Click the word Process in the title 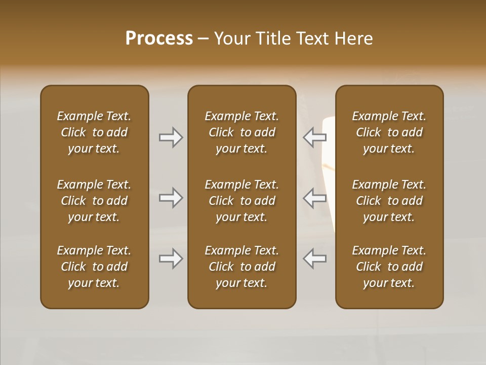[x=159, y=39]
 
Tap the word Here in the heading [x=353, y=39]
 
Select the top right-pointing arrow [x=171, y=137]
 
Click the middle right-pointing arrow [x=171, y=198]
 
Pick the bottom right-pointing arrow [x=171, y=259]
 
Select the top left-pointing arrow [x=315, y=137]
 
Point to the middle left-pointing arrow [x=315, y=198]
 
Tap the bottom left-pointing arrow [x=315, y=259]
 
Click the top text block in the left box [x=94, y=132]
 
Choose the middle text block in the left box [x=94, y=201]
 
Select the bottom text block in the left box [x=94, y=267]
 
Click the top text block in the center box [x=241, y=132]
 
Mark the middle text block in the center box [x=241, y=201]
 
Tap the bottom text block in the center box [x=241, y=267]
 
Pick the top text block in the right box [x=389, y=132]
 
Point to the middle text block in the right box [x=389, y=201]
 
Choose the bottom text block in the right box [x=389, y=267]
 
